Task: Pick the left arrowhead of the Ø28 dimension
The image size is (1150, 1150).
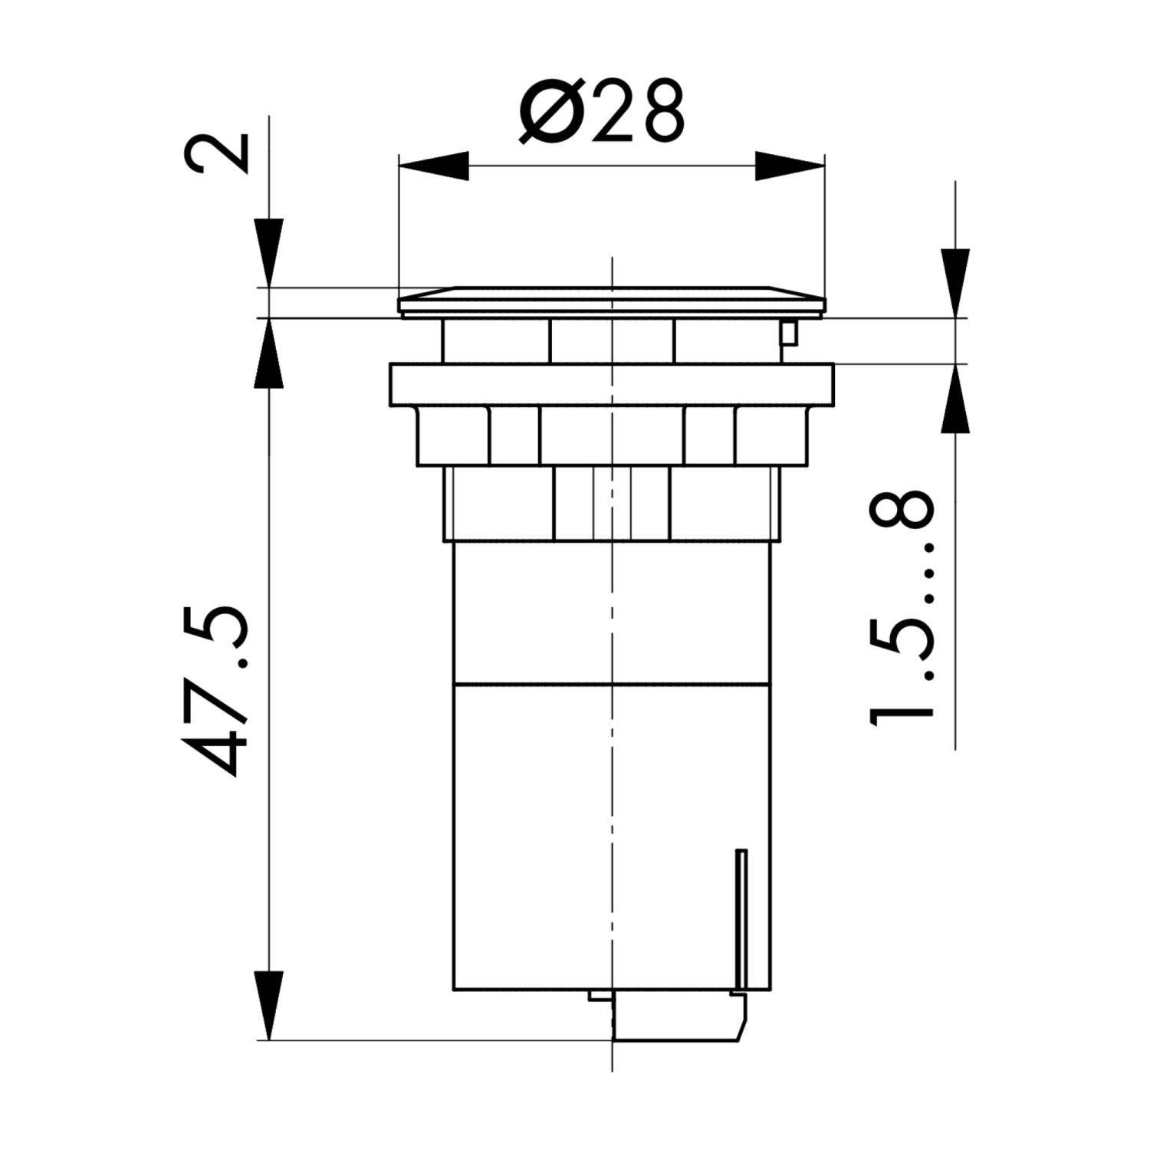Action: point(434,166)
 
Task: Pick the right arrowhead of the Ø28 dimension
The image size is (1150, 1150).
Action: point(790,166)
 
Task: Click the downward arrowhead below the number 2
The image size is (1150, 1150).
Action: point(269,253)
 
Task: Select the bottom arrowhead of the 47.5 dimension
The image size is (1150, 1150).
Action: point(269,1004)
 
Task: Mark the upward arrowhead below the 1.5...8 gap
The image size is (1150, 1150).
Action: point(955,399)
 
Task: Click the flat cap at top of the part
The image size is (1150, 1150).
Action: point(612,301)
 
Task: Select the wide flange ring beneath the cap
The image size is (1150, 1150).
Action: point(612,384)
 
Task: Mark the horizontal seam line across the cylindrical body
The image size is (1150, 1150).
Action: point(612,682)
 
